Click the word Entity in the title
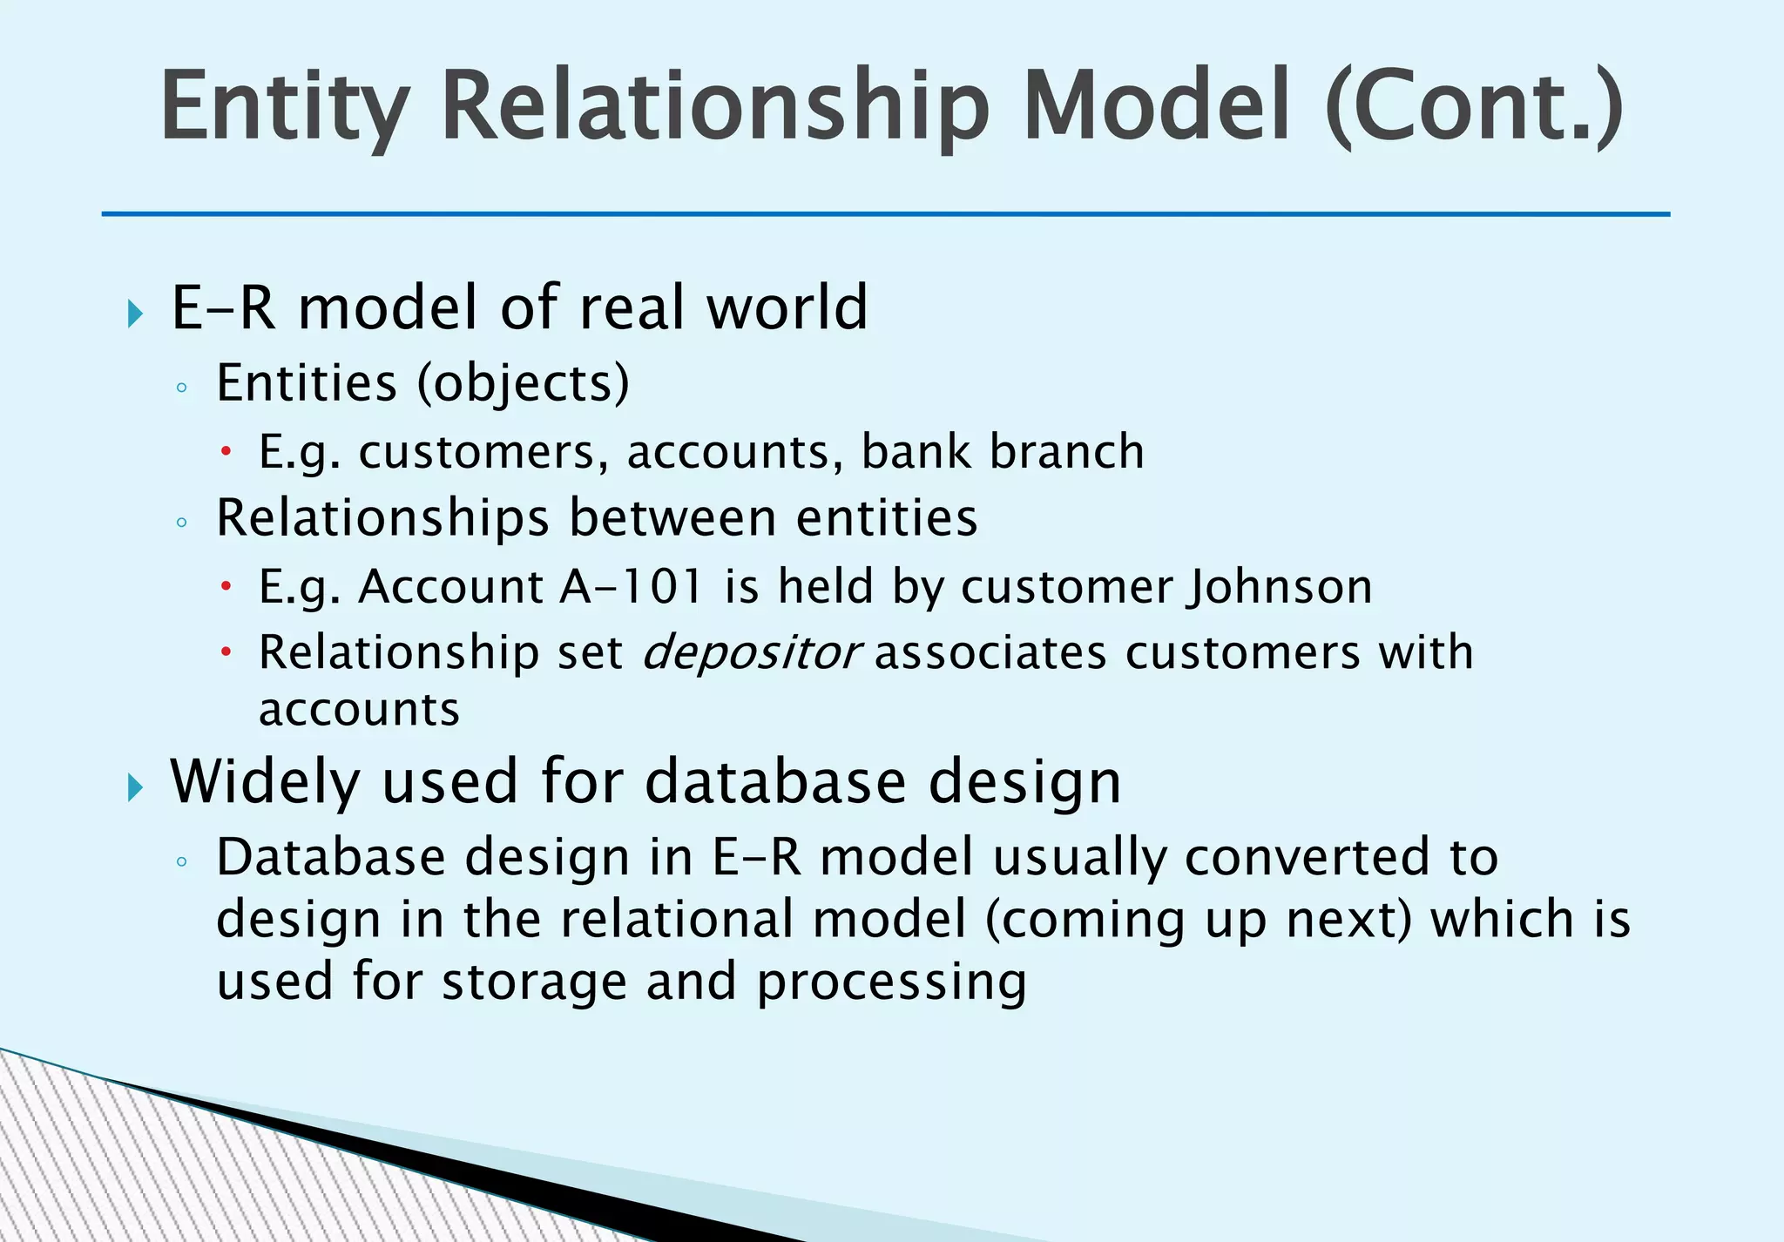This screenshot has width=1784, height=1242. tap(284, 108)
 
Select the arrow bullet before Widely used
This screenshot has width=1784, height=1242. tap(135, 787)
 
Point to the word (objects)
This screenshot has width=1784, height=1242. tap(523, 383)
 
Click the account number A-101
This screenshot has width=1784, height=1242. tap(631, 586)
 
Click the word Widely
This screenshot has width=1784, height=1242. tap(265, 781)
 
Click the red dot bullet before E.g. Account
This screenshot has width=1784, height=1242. tap(226, 587)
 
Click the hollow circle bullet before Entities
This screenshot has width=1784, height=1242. tap(181, 388)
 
